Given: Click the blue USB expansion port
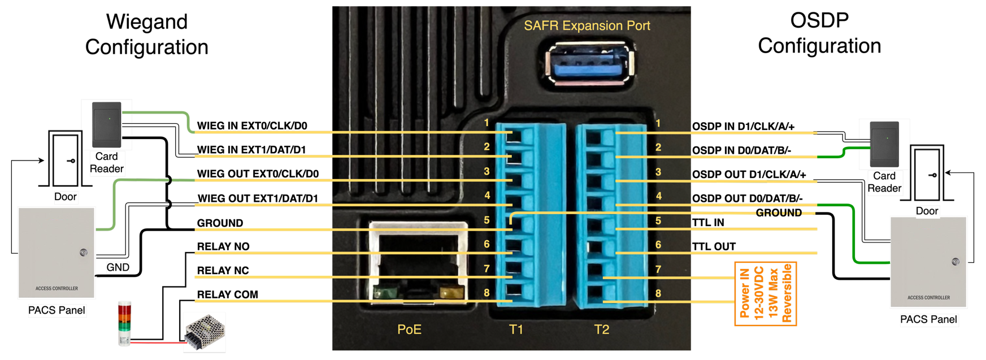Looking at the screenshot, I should pyautogui.click(x=590, y=65).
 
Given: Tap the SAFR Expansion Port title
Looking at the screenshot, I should pyautogui.click(x=587, y=25).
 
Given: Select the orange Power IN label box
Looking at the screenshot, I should pyautogui.click(x=765, y=294).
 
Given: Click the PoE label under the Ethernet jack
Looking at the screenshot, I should pyautogui.click(x=409, y=329).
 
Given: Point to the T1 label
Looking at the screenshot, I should pyautogui.click(x=516, y=329).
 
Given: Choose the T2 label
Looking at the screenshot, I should pyautogui.click(x=602, y=329).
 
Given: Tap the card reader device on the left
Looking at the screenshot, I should pyautogui.click(x=107, y=124).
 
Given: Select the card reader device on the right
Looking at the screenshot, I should pyautogui.click(x=884, y=144).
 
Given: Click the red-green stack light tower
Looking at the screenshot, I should pyautogui.click(x=124, y=323).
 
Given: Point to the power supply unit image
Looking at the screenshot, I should pyautogui.click(x=205, y=332).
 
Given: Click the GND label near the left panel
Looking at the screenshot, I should pyautogui.click(x=118, y=267).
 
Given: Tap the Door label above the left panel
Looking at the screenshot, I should pyautogui.click(x=66, y=197).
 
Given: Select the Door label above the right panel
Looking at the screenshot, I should pyautogui.click(x=927, y=211).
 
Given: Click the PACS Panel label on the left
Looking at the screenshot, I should pyautogui.click(x=57, y=310).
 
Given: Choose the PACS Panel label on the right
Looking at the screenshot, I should pyautogui.click(x=928, y=319).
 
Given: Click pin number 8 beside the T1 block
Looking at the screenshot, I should pyautogui.click(x=487, y=293).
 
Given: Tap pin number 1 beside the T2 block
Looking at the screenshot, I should pyautogui.click(x=658, y=123).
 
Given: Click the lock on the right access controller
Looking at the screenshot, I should pyautogui.click(x=955, y=262).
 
